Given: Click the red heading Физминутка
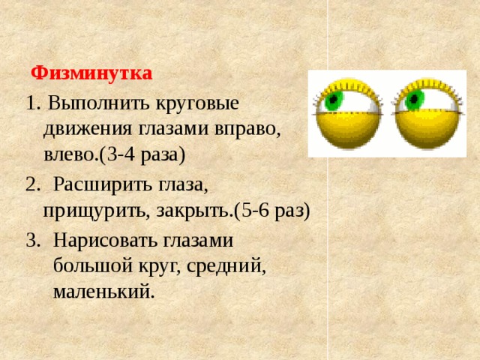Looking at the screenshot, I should [x=91, y=73].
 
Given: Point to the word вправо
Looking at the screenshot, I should [x=246, y=128].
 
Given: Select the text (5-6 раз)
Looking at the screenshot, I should [x=272, y=209].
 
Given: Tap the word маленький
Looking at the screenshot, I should [x=103, y=291].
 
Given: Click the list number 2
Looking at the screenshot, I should [x=29, y=182].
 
